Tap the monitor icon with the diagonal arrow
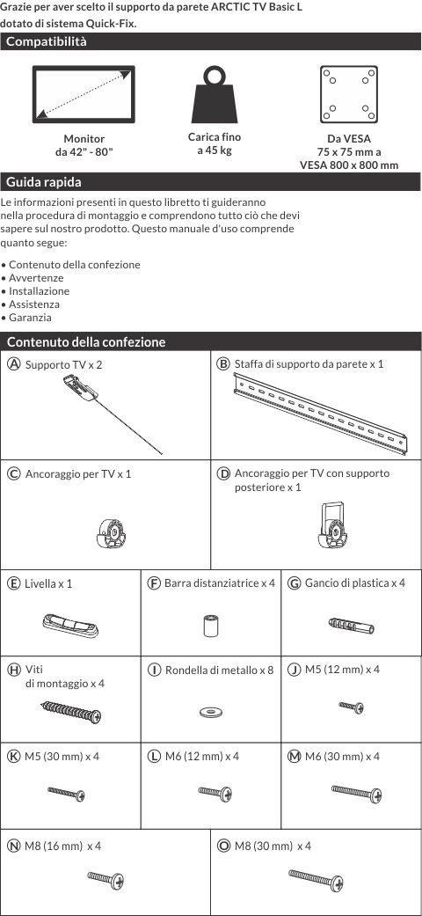click(x=84, y=94)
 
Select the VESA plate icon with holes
click(x=348, y=94)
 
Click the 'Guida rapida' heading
click(x=44, y=182)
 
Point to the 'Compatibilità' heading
click(x=46, y=41)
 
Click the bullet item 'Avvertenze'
click(x=36, y=278)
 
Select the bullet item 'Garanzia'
click(x=30, y=318)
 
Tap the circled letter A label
click(x=13, y=364)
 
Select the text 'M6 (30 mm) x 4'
click(x=342, y=757)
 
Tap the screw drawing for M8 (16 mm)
click(x=105, y=878)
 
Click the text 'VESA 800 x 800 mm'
click(x=349, y=165)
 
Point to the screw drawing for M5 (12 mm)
click(x=352, y=707)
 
